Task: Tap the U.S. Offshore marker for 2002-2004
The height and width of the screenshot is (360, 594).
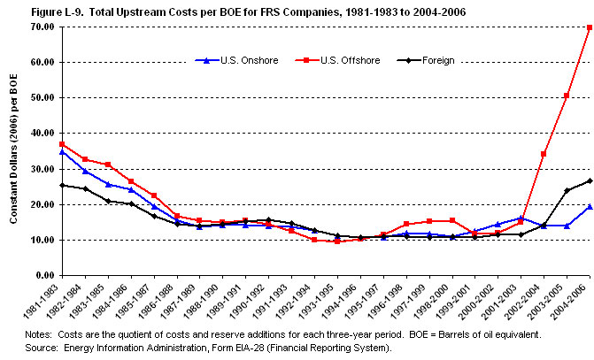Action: [x=543, y=154]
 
